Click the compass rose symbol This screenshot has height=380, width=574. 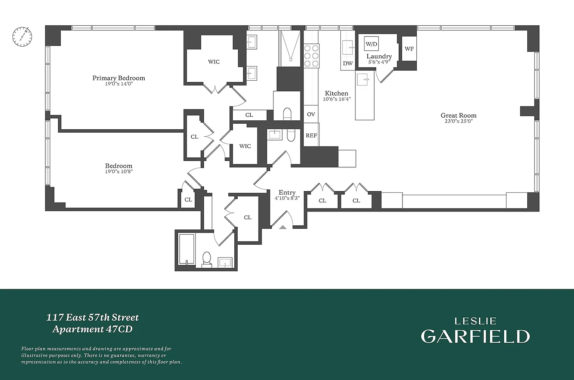point(22,37)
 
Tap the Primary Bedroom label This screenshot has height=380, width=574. point(118,78)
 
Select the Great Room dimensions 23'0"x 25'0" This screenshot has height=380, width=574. point(459,121)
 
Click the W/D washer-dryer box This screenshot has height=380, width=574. point(371,44)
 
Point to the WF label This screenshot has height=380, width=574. point(409,49)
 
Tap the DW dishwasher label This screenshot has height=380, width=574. point(348,63)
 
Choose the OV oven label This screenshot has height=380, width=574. point(311,114)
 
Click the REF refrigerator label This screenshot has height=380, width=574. point(311,136)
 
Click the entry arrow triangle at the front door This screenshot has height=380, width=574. point(283,227)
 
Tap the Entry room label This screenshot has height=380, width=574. point(287,192)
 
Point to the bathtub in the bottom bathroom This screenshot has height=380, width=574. point(186,249)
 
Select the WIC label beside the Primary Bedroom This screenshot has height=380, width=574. point(214,62)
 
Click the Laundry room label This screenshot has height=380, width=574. point(379,56)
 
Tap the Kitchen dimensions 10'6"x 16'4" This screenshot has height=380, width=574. point(336,99)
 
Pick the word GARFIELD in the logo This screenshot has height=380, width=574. point(475,336)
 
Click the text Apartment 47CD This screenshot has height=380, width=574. point(93,329)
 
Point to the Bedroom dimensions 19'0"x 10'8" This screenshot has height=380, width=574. point(119,172)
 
